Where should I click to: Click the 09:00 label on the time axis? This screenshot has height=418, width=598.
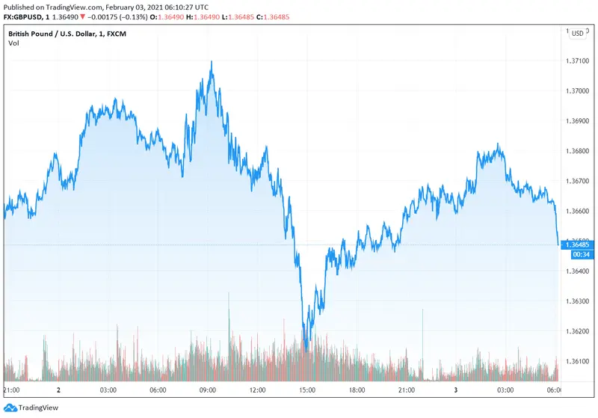208,390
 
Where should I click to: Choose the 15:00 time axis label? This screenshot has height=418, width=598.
307,390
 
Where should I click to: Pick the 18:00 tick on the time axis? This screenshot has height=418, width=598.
357,390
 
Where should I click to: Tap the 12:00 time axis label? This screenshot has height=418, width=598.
258,390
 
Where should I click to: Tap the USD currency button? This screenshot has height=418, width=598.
578,33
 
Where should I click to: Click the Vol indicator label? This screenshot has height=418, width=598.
13,43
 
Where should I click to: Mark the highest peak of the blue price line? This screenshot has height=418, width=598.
212,62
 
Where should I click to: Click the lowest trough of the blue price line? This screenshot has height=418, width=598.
306,348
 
